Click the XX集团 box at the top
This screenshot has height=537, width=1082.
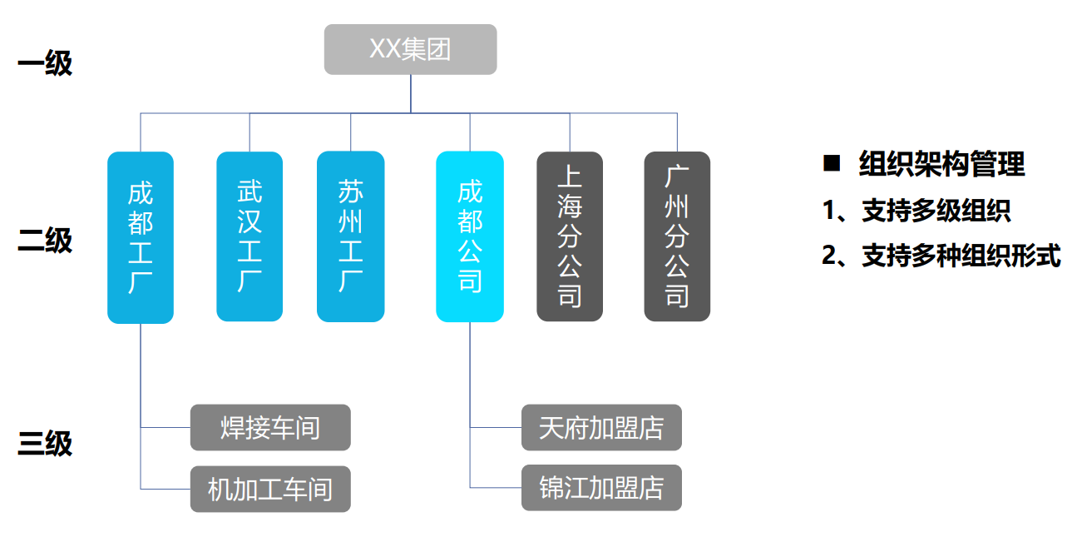(410, 49)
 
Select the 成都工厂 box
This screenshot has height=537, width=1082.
(141, 237)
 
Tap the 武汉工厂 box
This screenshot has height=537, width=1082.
(250, 236)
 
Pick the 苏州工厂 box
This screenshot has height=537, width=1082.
(350, 236)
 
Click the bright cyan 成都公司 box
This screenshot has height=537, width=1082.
(470, 236)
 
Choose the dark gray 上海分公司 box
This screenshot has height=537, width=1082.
(570, 236)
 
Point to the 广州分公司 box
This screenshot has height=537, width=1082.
(677, 236)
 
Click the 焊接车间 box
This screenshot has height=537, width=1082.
(270, 428)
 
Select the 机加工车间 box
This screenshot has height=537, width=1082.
(270, 490)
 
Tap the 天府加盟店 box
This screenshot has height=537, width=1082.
(601, 428)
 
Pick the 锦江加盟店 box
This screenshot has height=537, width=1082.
(601, 488)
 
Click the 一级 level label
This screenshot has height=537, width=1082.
(45, 64)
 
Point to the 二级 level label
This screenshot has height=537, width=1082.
(45, 241)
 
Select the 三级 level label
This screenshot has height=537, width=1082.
(45, 443)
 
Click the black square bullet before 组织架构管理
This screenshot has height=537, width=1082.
(832, 163)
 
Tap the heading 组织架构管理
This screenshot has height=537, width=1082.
(941, 164)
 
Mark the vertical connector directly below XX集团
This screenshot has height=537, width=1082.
(411, 93)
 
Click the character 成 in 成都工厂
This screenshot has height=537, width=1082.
(141, 193)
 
